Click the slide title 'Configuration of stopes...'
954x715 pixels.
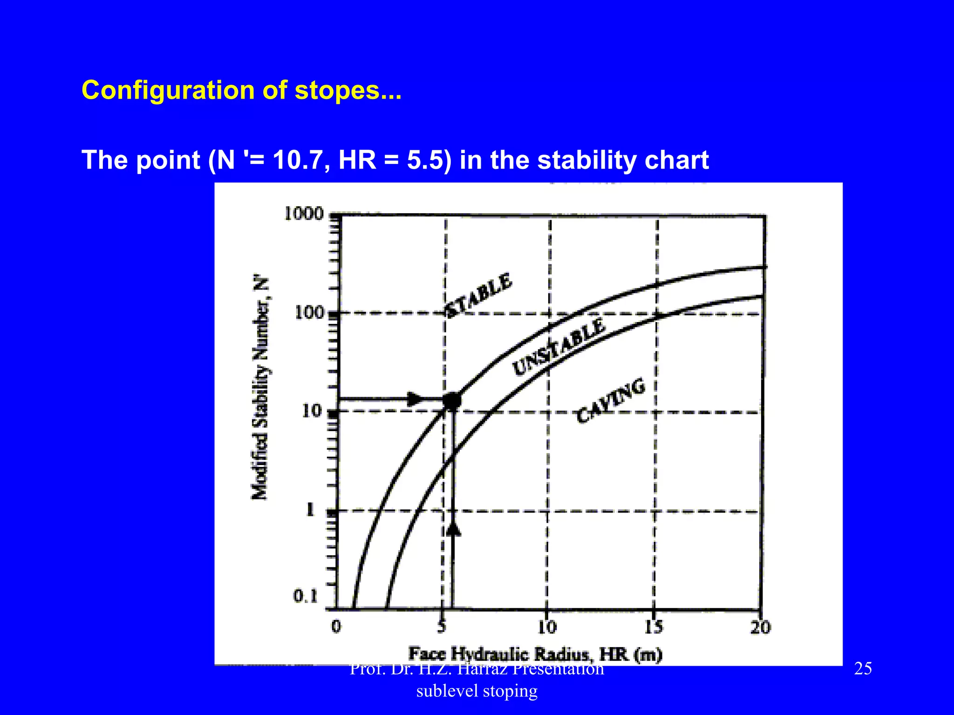(241, 90)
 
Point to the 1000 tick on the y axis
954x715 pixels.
(304, 214)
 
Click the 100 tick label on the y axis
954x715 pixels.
(309, 312)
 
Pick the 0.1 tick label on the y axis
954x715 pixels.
(305, 596)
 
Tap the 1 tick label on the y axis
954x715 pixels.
(310, 510)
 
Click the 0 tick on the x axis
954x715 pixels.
(336, 627)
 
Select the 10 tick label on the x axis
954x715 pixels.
(547, 627)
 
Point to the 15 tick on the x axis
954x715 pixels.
(654, 627)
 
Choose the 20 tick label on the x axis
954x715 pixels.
(760, 627)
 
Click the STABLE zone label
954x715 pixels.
(479, 295)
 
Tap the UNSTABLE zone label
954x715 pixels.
(559, 346)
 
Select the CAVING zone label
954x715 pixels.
(611, 400)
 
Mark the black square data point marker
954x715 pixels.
(452, 401)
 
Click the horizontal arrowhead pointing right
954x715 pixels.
(415, 399)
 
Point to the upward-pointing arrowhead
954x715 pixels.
(453, 529)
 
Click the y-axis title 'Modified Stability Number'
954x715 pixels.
(261, 389)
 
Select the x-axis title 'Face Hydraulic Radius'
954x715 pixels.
(535, 654)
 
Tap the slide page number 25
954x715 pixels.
(863, 669)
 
